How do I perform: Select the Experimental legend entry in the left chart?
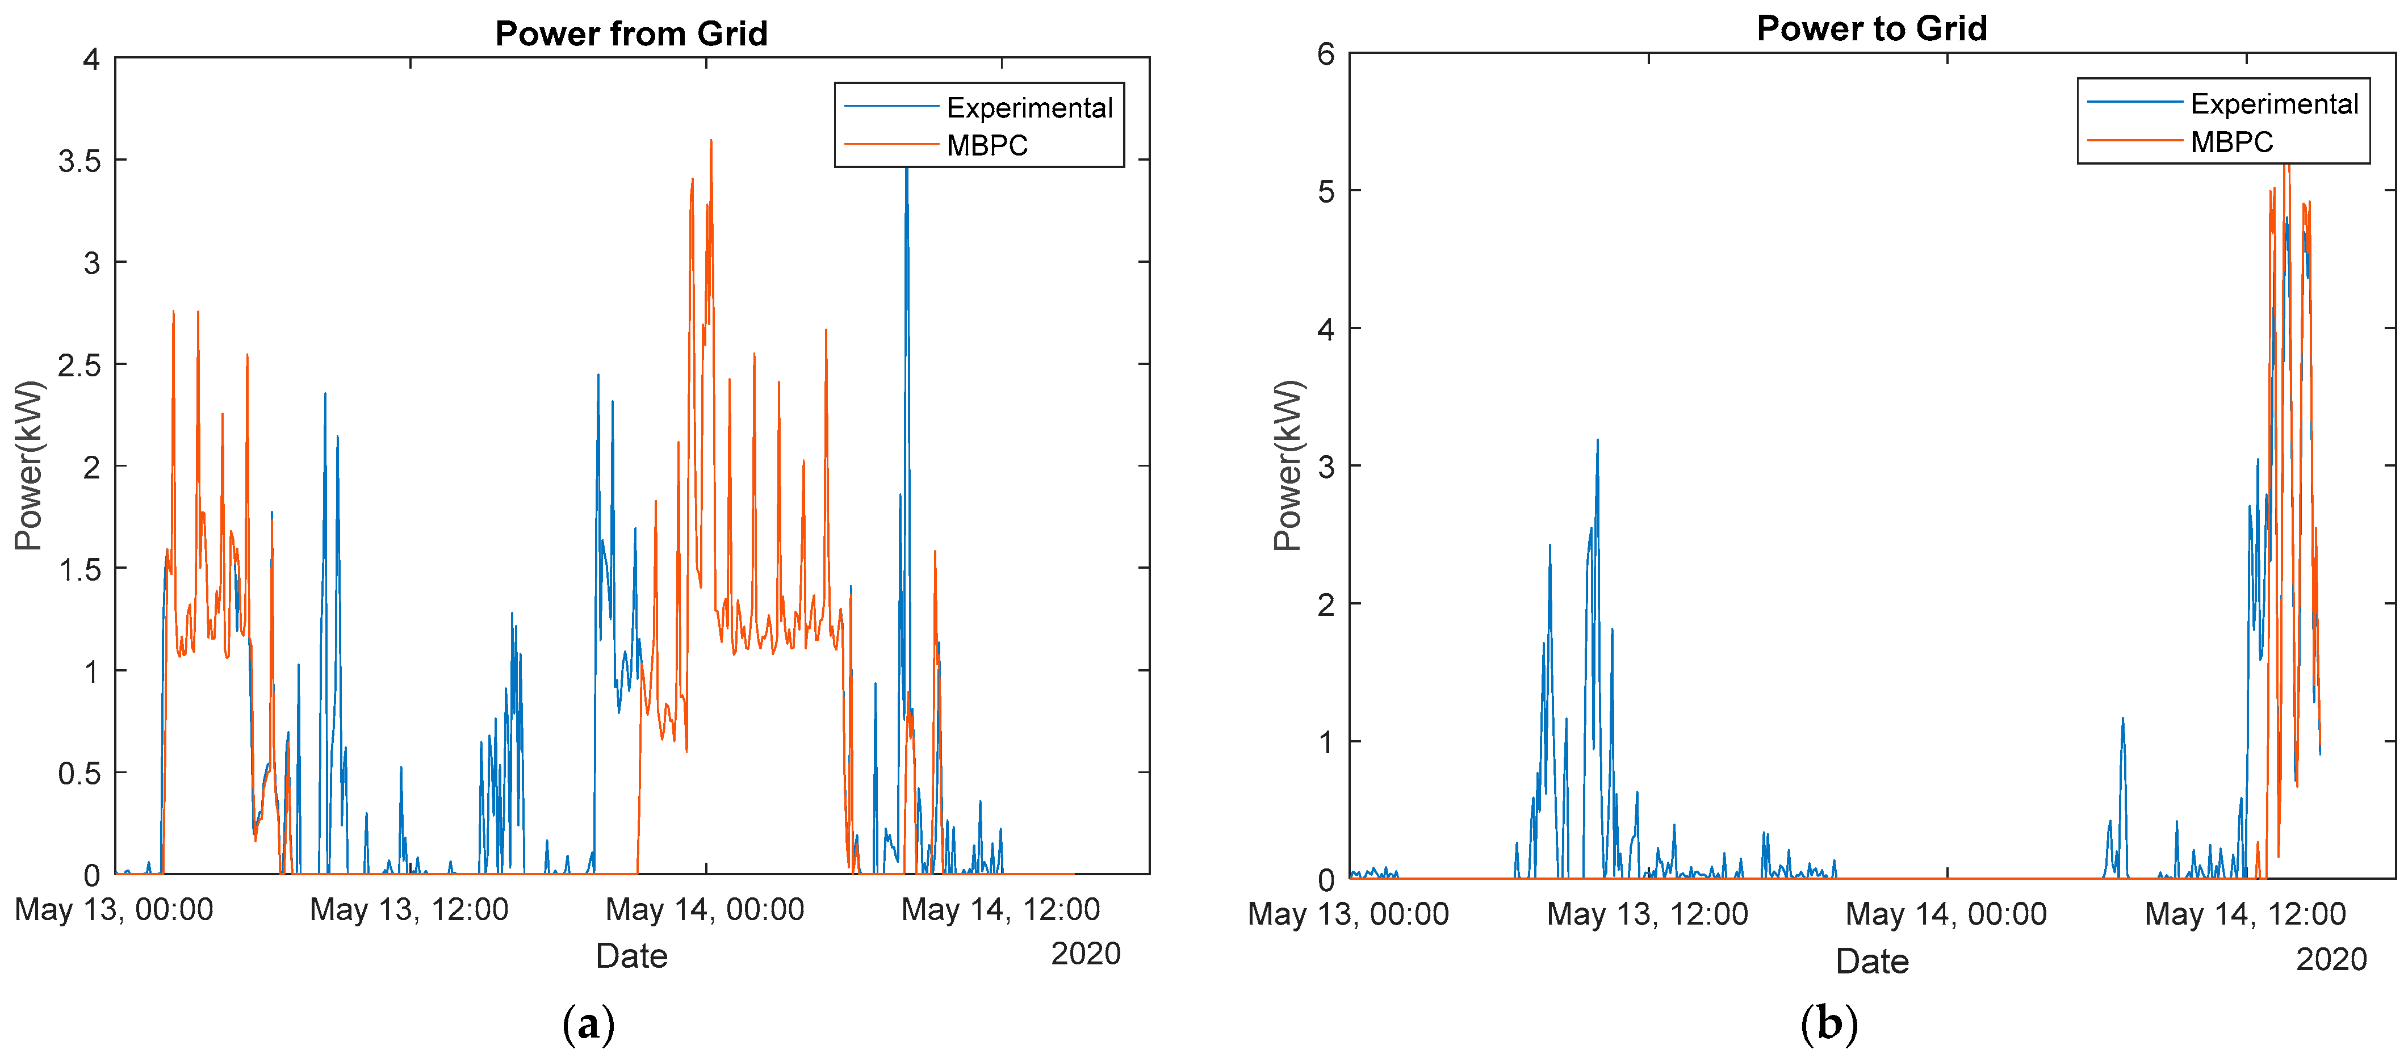[1028, 108]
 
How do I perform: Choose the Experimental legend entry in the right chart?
[2273, 104]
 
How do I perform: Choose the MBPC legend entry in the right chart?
[2231, 142]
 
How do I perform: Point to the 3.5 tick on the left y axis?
[79, 161]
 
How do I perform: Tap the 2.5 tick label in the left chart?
[79, 364]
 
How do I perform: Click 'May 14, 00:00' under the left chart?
[705, 909]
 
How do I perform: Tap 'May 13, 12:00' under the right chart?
[1647, 914]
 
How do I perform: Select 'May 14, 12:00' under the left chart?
[1000, 909]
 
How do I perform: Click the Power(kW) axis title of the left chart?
[28, 465]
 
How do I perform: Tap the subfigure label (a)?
[589, 1025]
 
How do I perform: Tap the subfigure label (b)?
[1828, 1025]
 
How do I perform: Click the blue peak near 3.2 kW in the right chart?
[1597, 441]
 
